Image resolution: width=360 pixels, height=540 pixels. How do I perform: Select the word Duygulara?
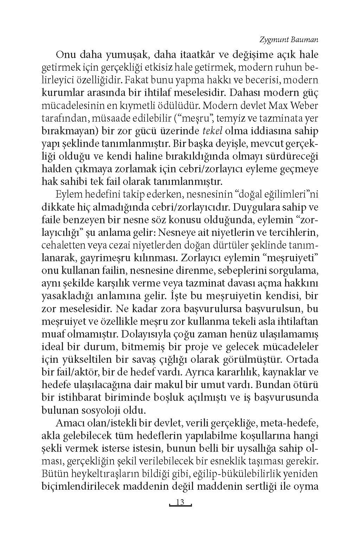tap(259, 207)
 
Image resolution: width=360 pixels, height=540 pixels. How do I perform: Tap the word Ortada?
tap(303, 359)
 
